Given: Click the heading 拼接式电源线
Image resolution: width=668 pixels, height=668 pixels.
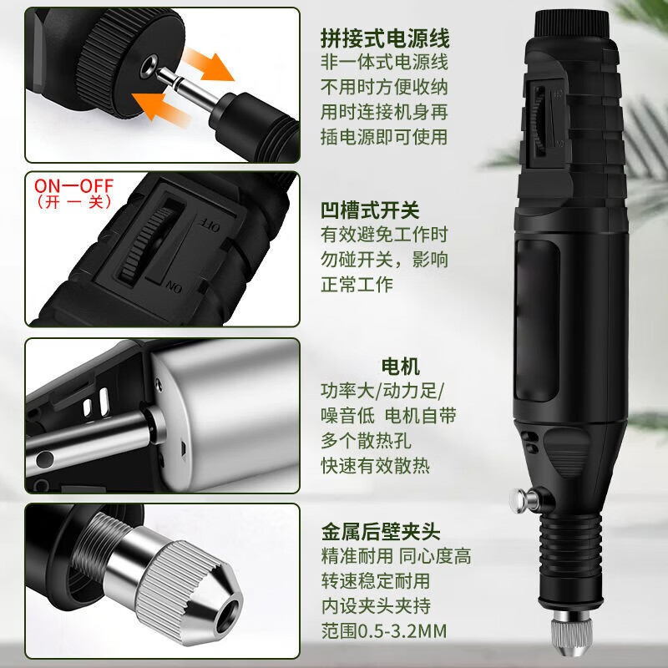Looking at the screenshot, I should (385, 38).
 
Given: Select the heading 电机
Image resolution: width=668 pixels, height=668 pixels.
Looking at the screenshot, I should (400, 366).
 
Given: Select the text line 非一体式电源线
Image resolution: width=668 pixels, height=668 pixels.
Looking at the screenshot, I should (385, 63).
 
